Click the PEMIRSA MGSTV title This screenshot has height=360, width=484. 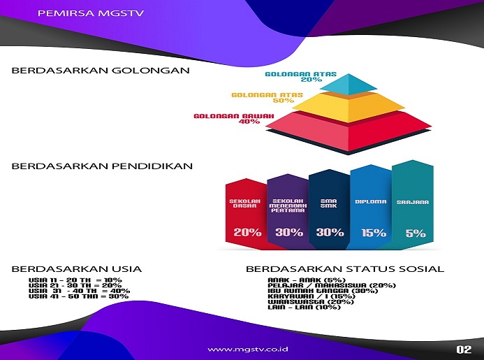pos(90,13)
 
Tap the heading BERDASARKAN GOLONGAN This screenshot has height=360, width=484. pos(101,71)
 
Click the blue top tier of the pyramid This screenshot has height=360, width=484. pos(349,84)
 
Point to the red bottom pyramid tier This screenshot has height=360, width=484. pos(349,131)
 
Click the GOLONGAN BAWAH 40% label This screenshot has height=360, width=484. pos(234,119)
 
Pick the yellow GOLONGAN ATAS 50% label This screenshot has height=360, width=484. pos(267,98)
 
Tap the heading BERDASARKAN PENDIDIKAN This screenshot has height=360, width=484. pos(102,166)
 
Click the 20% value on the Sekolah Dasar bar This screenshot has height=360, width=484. pos(247,232)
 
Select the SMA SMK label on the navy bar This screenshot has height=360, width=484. pos(329,203)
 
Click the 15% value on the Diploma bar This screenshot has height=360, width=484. pos(374,232)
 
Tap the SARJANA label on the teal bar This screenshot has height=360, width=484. pos(413,202)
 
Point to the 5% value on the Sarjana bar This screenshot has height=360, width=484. pos(416,233)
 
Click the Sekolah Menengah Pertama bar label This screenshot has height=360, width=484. pos(288,206)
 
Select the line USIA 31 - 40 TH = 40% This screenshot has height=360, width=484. pos(80,291)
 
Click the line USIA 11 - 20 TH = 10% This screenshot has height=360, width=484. pos(75,280)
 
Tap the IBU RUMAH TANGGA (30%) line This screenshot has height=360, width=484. pos(323,291)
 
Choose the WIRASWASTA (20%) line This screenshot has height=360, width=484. pos(311,301)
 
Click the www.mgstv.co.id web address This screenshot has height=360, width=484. pos(248,350)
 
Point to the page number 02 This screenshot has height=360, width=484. pos(464,350)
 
